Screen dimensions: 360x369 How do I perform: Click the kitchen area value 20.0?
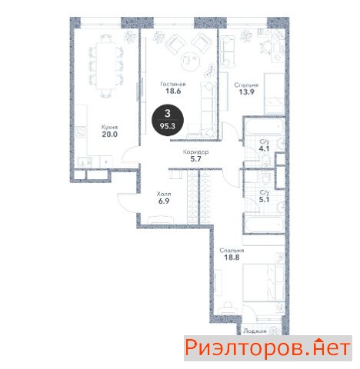pos(109,134)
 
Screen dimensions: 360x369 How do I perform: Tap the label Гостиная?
pos(173,84)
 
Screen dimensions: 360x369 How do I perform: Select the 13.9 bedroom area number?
pos(246,91)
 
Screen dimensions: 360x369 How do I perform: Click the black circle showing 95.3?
pos(168,120)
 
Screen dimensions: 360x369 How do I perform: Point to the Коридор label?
pos(195,152)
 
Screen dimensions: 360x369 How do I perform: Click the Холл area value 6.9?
pos(164,201)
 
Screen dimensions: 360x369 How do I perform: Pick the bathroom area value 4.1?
pos(264,148)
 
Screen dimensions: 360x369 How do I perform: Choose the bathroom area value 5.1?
pos(264,199)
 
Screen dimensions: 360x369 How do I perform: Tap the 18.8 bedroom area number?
pos(232,258)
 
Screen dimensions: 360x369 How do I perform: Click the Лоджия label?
pos(255,331)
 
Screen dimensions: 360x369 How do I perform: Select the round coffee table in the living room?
pos(190,61)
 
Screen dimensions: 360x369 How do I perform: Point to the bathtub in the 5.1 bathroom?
pos(264,225)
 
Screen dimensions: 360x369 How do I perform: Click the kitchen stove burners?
pos(81,132)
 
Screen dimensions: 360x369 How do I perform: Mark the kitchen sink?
pos(85,162)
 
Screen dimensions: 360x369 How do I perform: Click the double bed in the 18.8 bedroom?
pos(264,282)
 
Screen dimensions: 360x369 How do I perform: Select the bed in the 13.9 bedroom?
pos(275,93)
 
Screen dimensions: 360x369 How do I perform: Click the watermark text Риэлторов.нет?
pos(268,347)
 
